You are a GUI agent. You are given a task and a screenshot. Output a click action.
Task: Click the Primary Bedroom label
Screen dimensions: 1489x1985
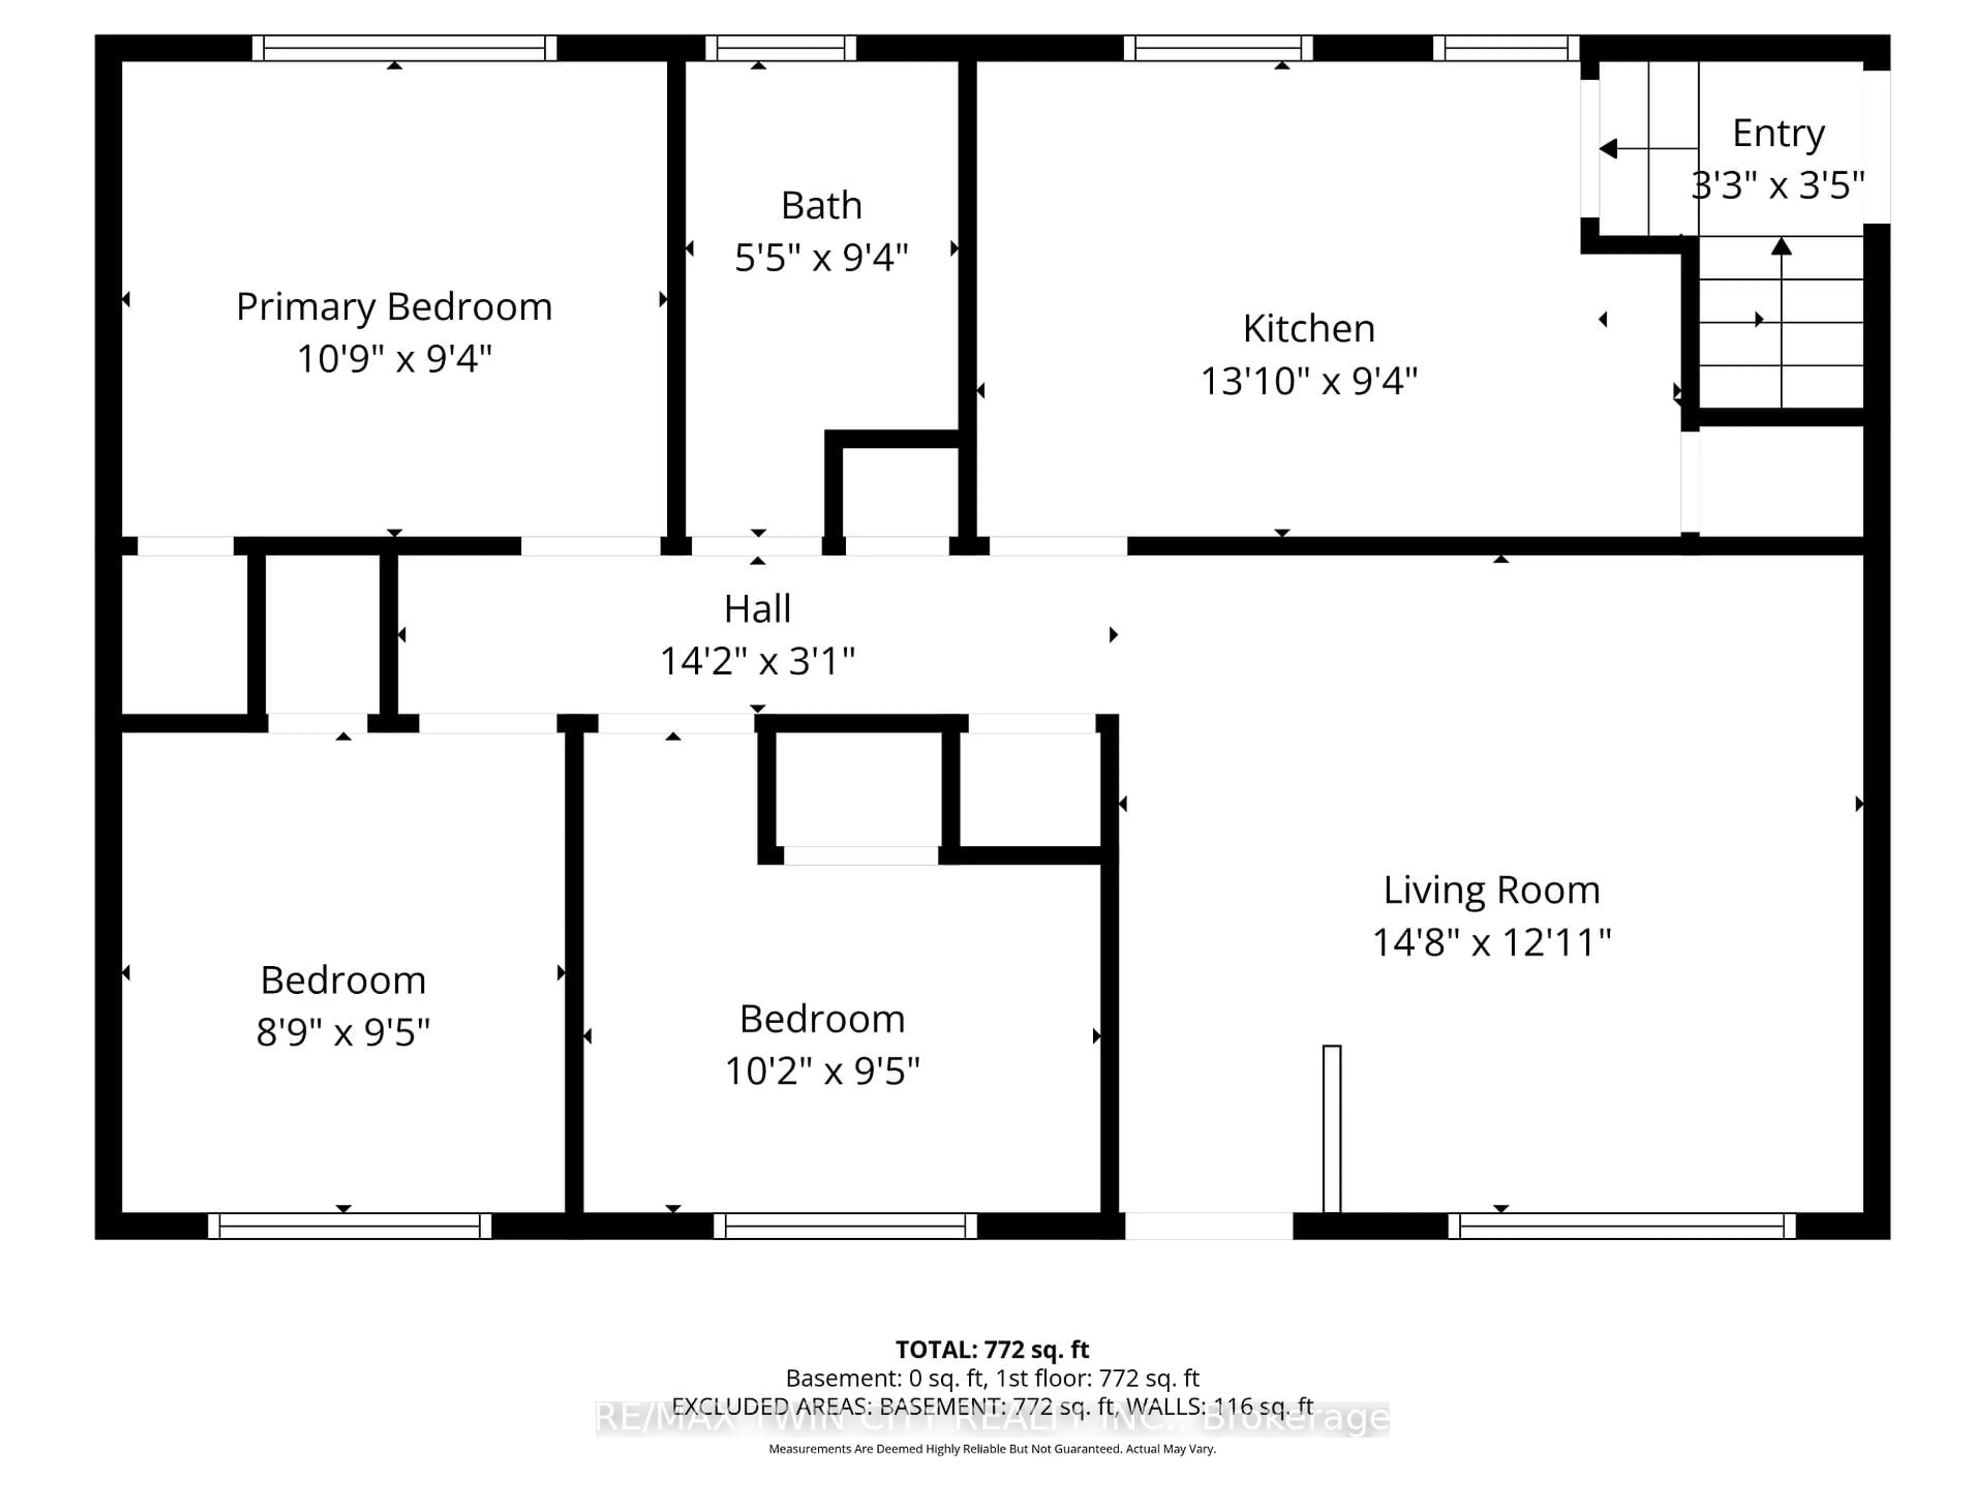coord(394,307)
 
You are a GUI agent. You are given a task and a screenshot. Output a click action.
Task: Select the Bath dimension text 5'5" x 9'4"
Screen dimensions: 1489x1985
coord(821,257)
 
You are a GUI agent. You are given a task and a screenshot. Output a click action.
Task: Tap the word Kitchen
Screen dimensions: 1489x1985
coord(1308,328)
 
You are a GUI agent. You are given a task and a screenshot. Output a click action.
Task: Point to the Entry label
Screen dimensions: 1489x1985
coord(1778,134)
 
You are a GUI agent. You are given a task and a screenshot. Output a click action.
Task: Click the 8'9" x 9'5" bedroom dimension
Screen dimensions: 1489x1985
coord(343,1032)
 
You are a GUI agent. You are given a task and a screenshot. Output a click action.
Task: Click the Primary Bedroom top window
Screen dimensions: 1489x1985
coord(404,48)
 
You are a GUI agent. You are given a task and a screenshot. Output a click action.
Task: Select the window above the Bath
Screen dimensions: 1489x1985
coord(780,48)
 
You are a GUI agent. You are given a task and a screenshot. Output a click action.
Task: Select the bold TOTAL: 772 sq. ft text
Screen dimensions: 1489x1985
coord(991,1350)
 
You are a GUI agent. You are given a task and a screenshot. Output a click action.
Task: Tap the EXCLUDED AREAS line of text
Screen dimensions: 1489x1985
coord(991,1406)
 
